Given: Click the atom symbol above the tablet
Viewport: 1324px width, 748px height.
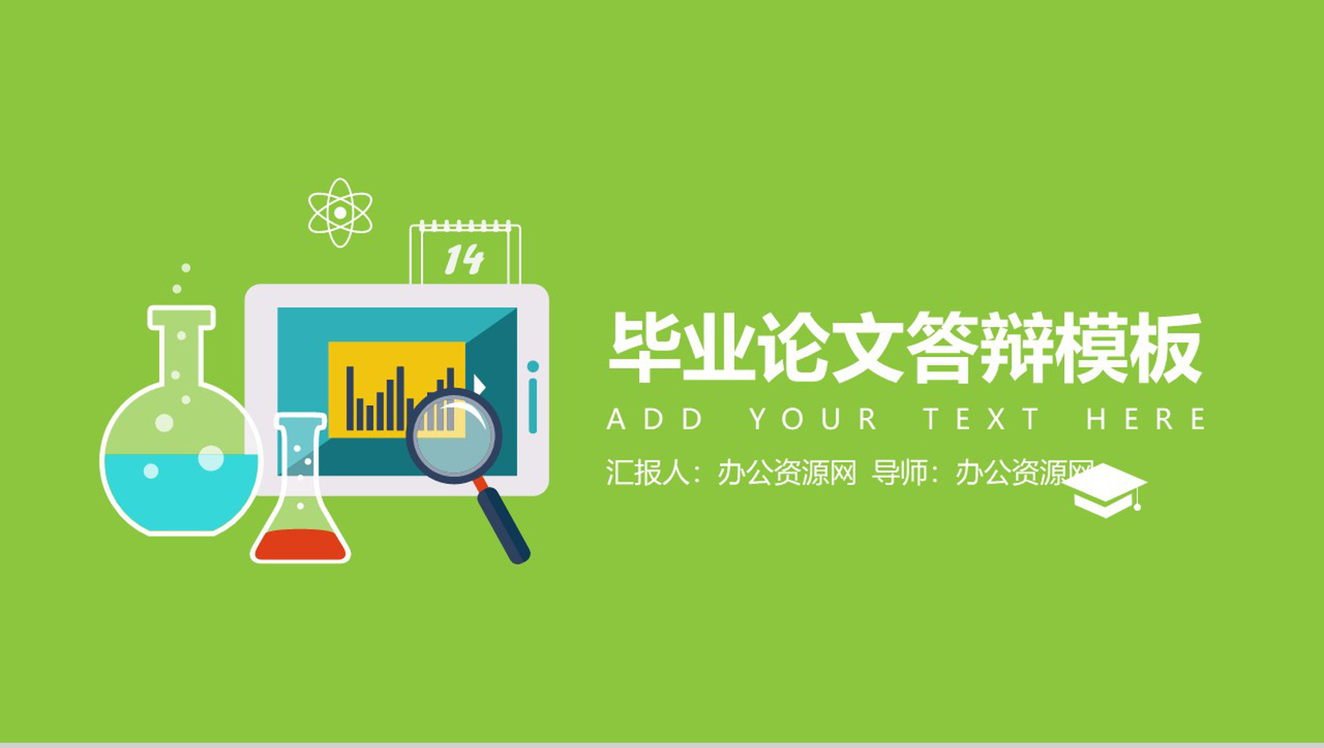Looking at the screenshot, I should click(x=339, y=212).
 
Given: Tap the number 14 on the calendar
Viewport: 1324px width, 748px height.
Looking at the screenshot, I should click(x=463, y=259).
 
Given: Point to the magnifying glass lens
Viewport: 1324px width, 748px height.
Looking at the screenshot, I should click(x=454, y=436).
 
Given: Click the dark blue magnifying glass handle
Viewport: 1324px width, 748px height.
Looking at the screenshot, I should click(x=504, y=527).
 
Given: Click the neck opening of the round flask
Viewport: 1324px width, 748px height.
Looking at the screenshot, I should click(x=182, y=316).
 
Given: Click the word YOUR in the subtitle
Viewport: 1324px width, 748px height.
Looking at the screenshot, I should click(x=814, y=419).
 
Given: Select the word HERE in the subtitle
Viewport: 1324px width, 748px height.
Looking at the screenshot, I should click(x=1145, y=419).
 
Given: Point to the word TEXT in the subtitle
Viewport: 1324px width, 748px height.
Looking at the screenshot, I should click(x=982, y=419).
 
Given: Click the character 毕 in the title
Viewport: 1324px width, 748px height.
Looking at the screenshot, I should click(x=644, y=347).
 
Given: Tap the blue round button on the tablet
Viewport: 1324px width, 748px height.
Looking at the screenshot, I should click(x=533, y=366).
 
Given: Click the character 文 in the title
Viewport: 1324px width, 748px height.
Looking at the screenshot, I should click(x=867, y=347).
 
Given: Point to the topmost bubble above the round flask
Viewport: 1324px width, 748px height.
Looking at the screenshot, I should click(x=186, y=268).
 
